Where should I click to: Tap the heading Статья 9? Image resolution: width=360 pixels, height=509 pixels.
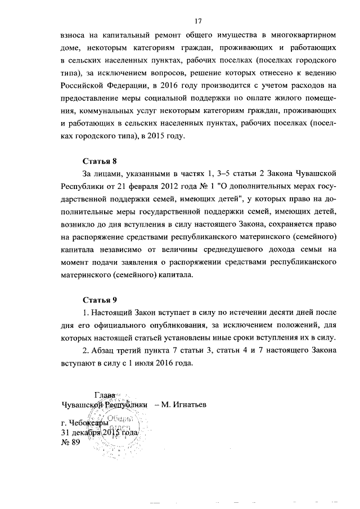pyautogui.click(x=100, y=299)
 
